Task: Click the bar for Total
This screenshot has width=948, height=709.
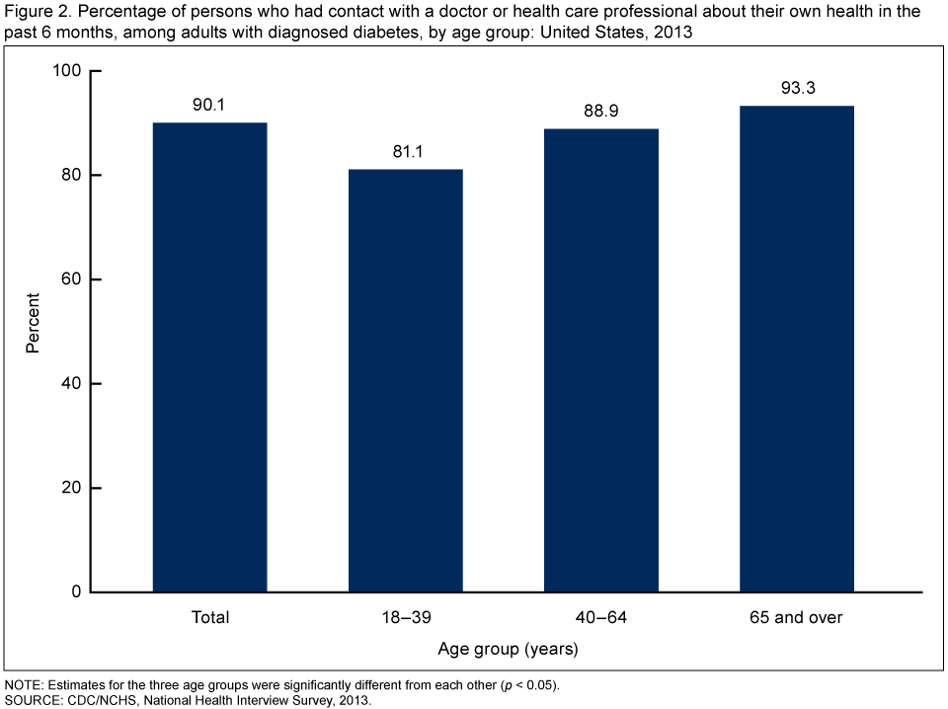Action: [x=209, y=356]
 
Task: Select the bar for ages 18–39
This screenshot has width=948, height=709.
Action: [x=405, y=380]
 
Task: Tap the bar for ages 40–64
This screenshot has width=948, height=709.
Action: [x=600, y=359]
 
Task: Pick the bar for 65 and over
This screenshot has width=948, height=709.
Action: [x=796, y=348]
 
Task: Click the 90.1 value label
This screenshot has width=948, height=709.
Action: [x=209, y=103]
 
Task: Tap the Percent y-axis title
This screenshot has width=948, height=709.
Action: [x=33, y=323]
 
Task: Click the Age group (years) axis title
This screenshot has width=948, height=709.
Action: [x=508, y=649]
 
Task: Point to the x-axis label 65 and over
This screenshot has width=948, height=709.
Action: [x=796, y=618]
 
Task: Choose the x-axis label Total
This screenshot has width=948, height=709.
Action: [x=209, y=618]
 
